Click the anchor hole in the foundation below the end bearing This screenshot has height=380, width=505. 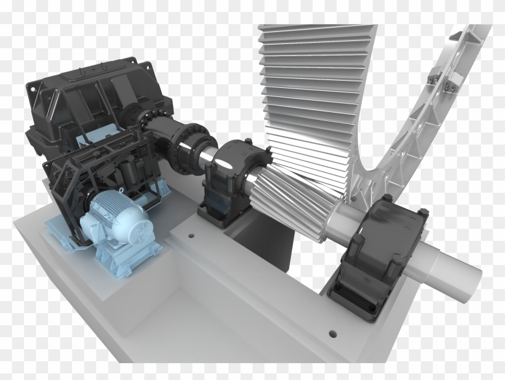point(329,332)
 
